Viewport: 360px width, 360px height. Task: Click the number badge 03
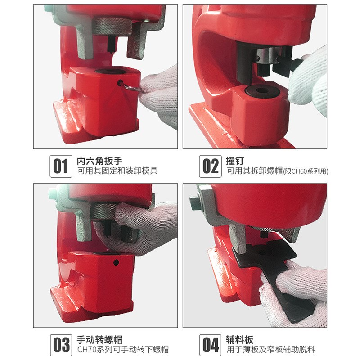tap(60, 344)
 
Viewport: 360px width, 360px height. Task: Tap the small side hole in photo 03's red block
tap(116, 262)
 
